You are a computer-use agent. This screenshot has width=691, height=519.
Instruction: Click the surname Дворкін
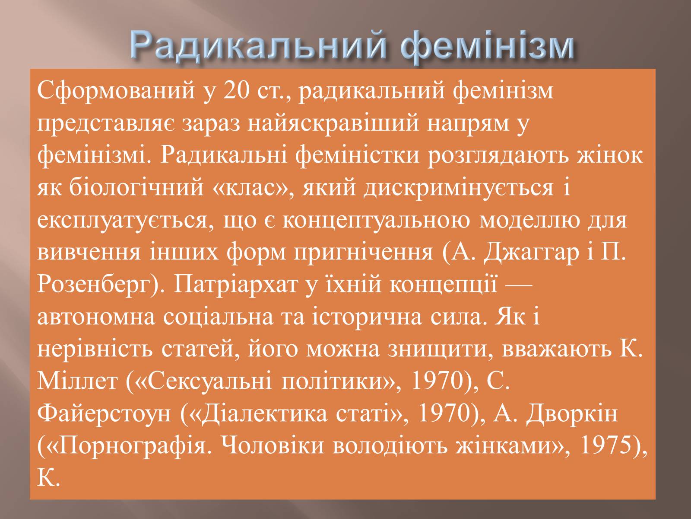coord(572,414)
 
